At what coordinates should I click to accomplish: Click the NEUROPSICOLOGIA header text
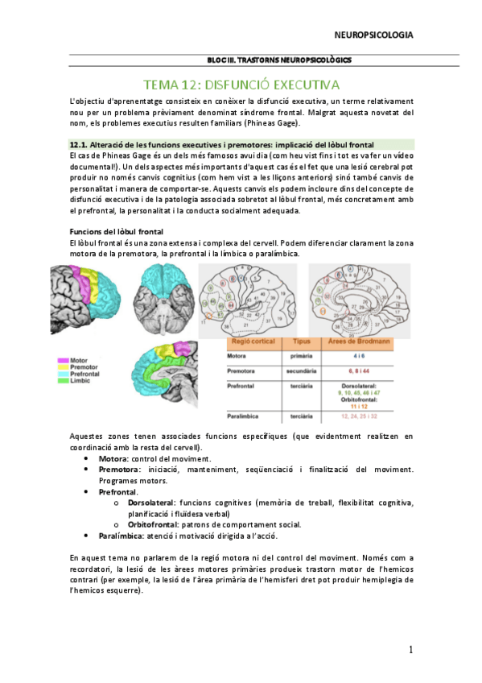373,35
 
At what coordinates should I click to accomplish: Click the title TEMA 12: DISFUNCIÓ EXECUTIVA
241,84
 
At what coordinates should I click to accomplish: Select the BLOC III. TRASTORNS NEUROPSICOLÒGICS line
278,60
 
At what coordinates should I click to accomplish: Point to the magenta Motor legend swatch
61,361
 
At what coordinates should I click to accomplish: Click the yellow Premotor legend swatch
61,367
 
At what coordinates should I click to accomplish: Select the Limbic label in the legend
80,380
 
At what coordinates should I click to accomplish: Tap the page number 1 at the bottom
410,650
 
